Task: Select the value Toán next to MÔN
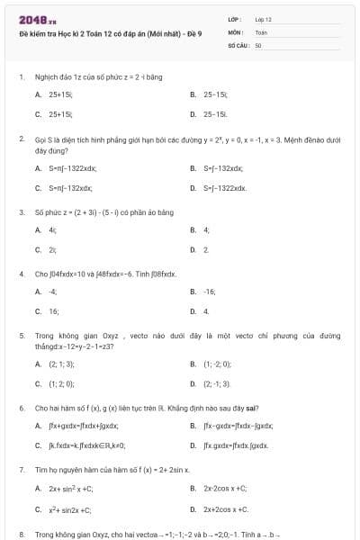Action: [261, 31]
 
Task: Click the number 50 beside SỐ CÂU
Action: [258, 43]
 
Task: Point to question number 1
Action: [21, 76]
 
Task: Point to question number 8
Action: [21, 534]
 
